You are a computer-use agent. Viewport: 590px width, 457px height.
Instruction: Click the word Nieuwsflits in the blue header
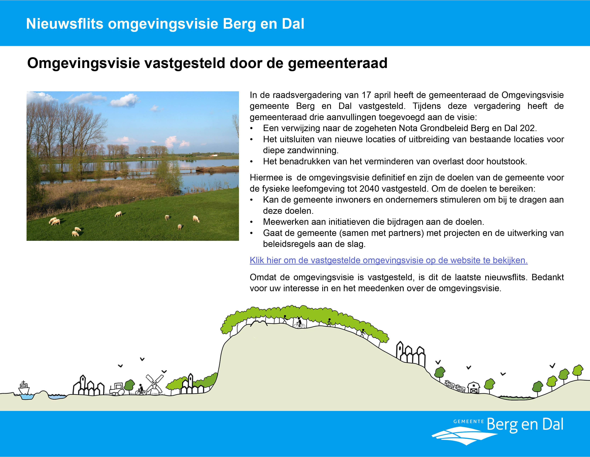tap(65, 24)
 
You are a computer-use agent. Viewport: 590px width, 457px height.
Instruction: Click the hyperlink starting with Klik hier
tap(389, 260)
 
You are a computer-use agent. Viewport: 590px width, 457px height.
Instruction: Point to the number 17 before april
tap(366, 95)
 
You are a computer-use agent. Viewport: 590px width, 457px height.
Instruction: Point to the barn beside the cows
tap(474, 387)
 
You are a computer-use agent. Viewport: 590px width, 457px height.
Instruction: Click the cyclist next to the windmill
tap(141, 390)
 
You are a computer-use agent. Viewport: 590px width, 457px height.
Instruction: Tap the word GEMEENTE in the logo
tap(469, 421)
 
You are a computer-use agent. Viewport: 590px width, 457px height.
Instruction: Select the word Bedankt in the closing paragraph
tap(548, 277)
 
